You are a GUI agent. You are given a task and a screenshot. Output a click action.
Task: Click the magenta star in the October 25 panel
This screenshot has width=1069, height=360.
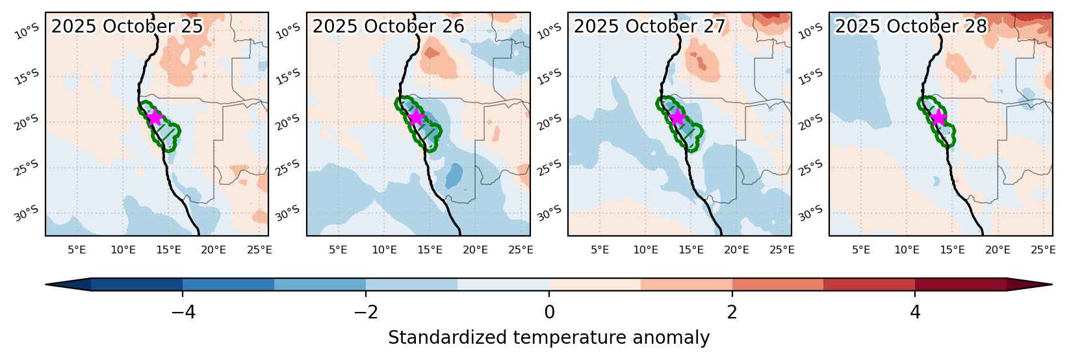pos(154,117)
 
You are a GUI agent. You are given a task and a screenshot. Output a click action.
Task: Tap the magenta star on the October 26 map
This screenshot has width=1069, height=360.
pos(416,117)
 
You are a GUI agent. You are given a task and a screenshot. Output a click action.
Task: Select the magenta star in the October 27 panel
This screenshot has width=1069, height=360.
pos(677,117)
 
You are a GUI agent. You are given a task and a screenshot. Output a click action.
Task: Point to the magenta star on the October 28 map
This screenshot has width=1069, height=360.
pos(938,117)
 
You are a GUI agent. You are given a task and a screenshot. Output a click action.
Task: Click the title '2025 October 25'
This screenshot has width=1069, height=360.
pos(127,26)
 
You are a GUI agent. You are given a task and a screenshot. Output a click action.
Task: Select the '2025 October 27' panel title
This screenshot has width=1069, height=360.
pos(649,26)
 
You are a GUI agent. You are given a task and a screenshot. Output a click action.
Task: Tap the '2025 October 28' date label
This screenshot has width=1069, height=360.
pos(910,26)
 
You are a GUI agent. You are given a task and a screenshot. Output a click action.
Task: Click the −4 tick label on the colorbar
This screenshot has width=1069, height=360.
pos(183,312)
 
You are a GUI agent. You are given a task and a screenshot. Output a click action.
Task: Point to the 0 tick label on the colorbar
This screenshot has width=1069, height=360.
pos(549,312)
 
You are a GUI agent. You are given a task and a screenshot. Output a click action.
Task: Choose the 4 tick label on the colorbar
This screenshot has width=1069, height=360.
pos(915,312)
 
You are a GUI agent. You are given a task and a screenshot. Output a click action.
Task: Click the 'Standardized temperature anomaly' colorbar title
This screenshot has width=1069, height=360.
pos(549,337)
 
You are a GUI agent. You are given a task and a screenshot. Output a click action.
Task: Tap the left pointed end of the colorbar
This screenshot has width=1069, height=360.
pos(45,285)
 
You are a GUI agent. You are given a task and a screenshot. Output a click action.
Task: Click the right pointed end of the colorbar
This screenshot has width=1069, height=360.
pos(1052,285)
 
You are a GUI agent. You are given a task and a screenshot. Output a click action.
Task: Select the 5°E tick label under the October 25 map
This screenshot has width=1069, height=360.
pos(77,250)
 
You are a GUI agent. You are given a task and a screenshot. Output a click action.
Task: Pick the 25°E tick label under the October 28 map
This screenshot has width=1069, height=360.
pos(1043,250)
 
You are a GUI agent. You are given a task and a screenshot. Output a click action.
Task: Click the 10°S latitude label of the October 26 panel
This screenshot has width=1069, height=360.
pos(289,31)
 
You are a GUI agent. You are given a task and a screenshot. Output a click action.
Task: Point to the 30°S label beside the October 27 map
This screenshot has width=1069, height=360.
pos(550,213)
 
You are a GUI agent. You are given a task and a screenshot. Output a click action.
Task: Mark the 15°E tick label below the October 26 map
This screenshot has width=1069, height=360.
pos(430,250)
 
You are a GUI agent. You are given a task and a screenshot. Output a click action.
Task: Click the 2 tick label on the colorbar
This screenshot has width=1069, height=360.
pos(732,312)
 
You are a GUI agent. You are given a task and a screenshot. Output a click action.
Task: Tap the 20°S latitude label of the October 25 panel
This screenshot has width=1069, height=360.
pos(27,123)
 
